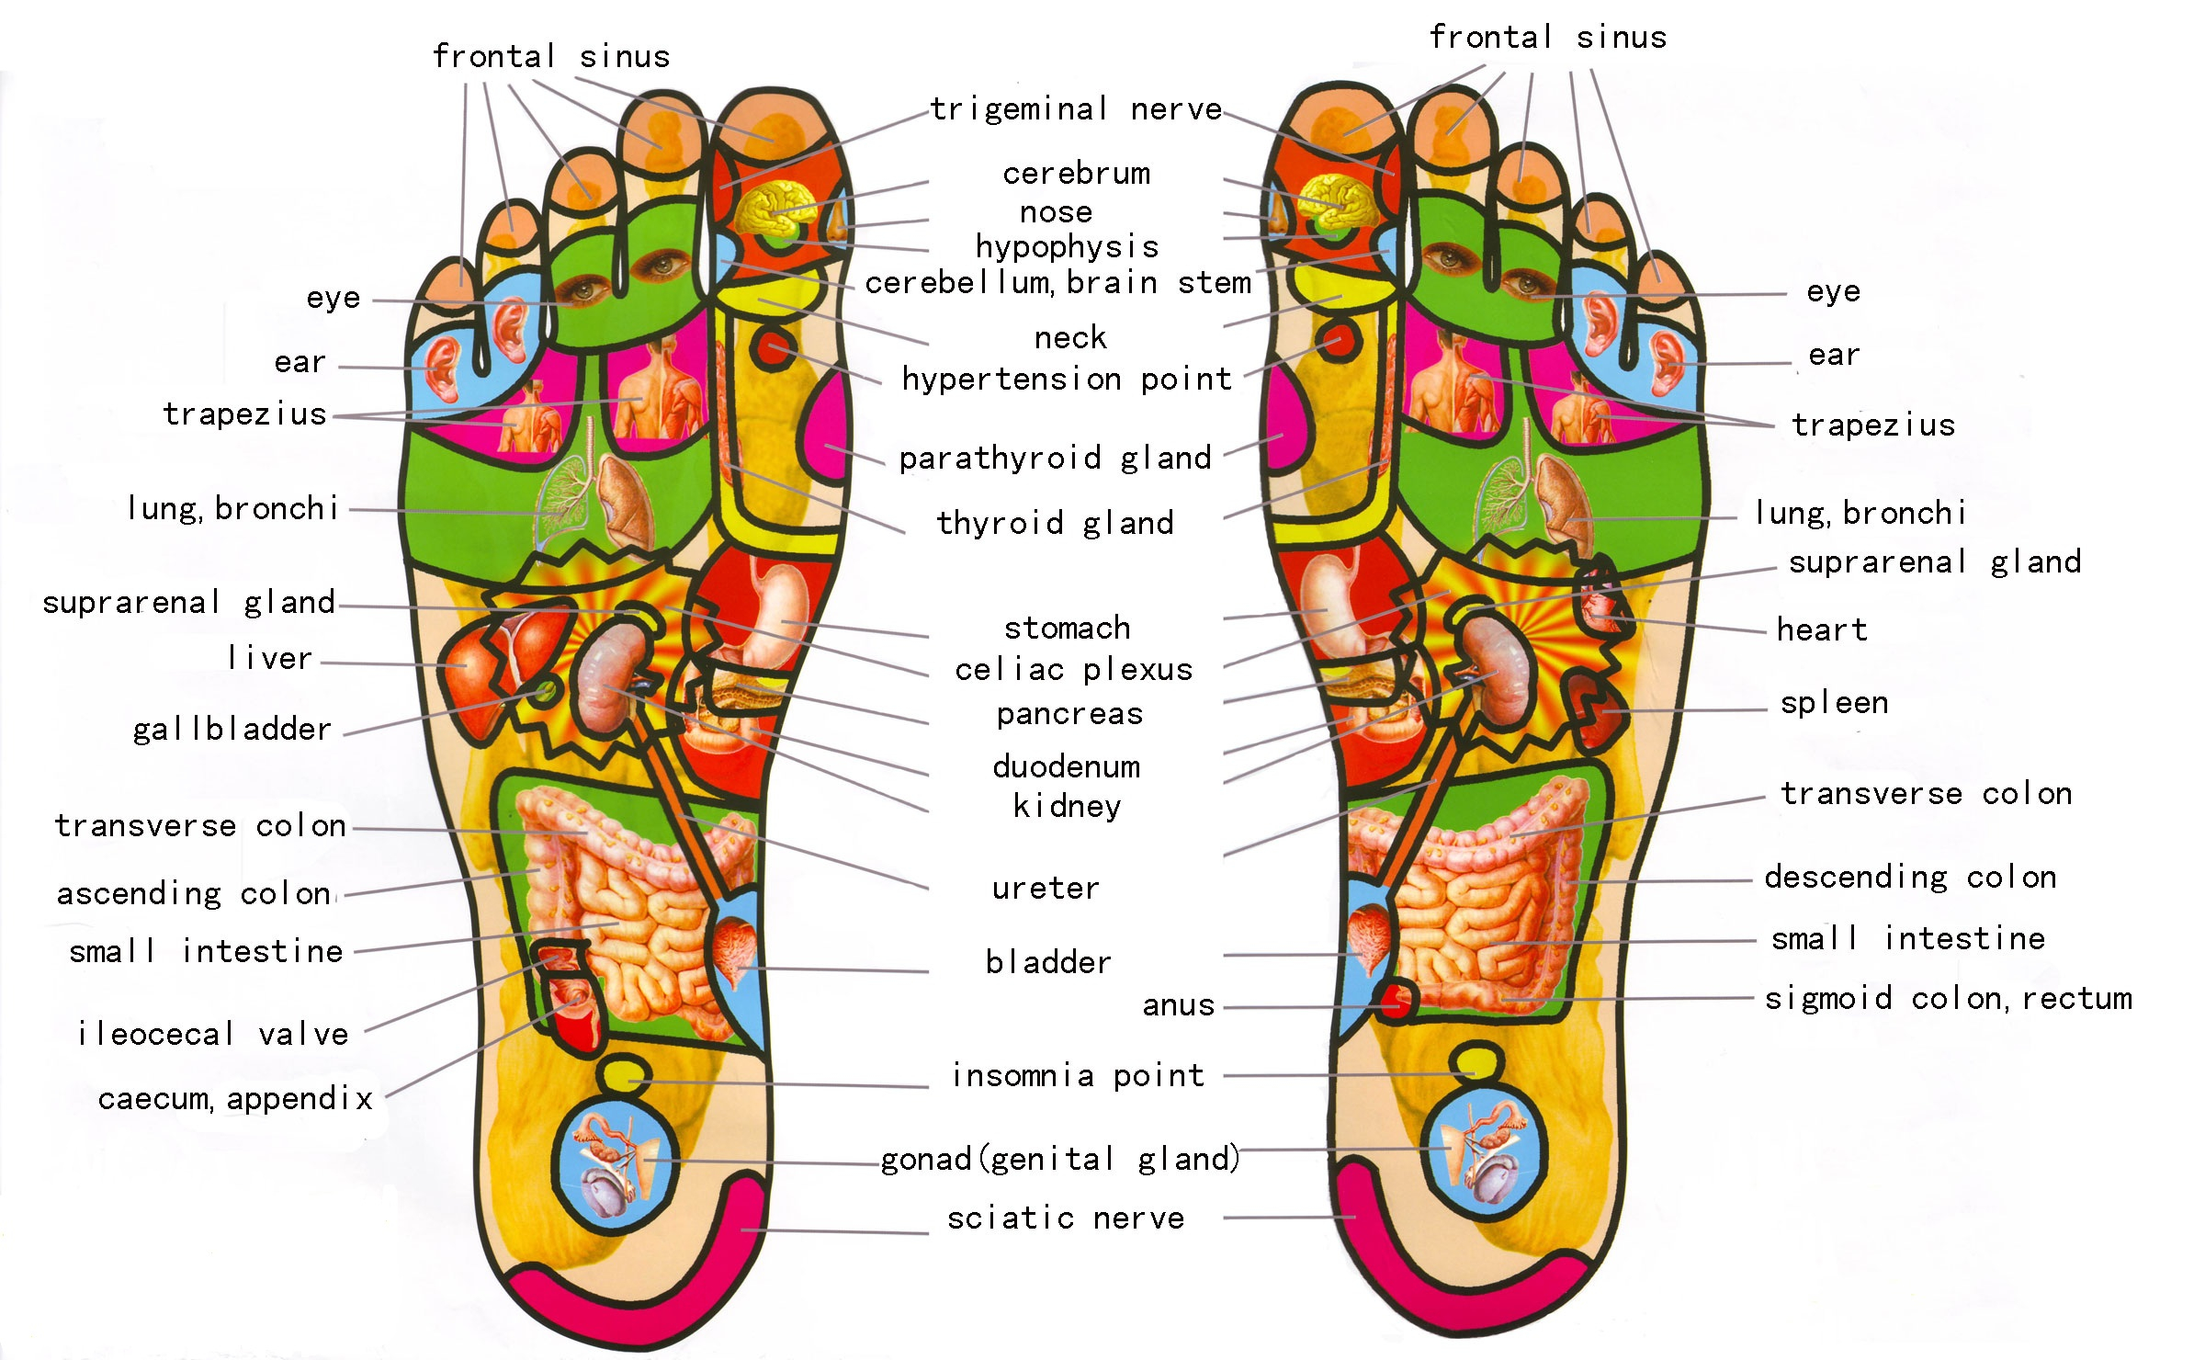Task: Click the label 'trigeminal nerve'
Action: pyautogui.click(x=1076, y=109)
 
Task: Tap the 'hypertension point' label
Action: pyautogui.click(x=1066, y=379)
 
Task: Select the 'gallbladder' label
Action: pyautogui.click(x=232, y=730)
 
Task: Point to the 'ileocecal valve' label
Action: pyautogui.click(x=213, y=1035)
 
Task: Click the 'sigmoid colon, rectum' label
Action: pyautogui.click(x=1948, y=998)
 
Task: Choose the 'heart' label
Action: pyautogui.click(x=1822, y=630)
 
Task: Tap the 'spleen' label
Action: pyautogui.click(x=1834, y=703)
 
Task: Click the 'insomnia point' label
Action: pyautogui.click(x=1078, y=1075)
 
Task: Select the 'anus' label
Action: pyautogui.click(x=1178, y=1005)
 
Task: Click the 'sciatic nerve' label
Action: pyautogui.click(x=1066, y=1218)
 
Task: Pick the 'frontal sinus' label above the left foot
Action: pyautogui.click(x=551, y=57)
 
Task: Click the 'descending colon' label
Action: pyautogui.click(x=1910, y=878)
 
